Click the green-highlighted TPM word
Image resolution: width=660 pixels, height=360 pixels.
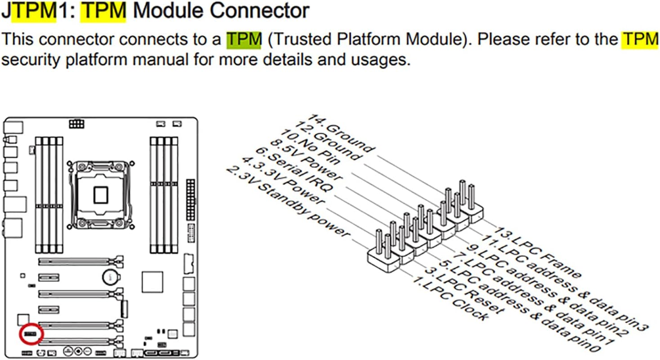tap(244, 40)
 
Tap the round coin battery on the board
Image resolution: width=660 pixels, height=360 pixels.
tap(110, 276)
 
